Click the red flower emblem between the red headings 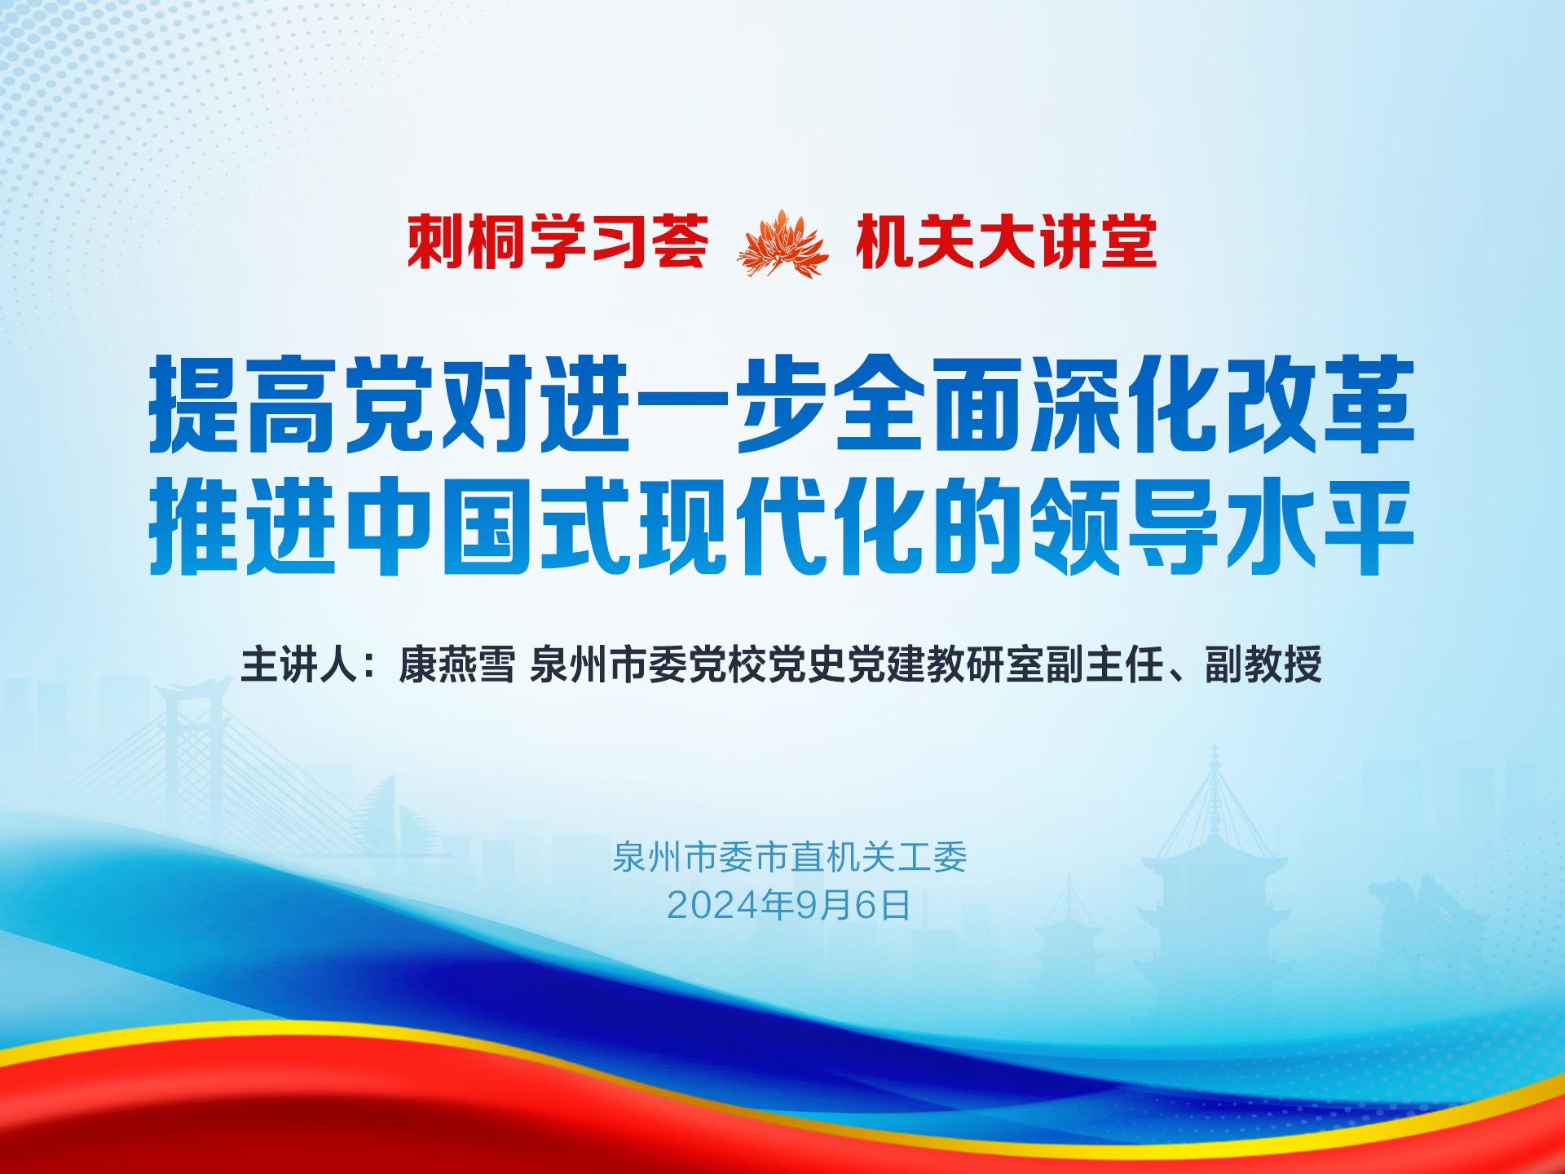[x=782, y=243]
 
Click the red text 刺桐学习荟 [x=558, y=242]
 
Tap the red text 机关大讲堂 [x=1006, y=242]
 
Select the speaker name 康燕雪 [x=456, y=665]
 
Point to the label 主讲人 [x=299, y=665]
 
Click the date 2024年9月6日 [x=788, y=906]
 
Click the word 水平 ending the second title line [x=1320, y=523]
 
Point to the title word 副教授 [x=1263, y=665]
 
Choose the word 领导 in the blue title [x=1125, y=523]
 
